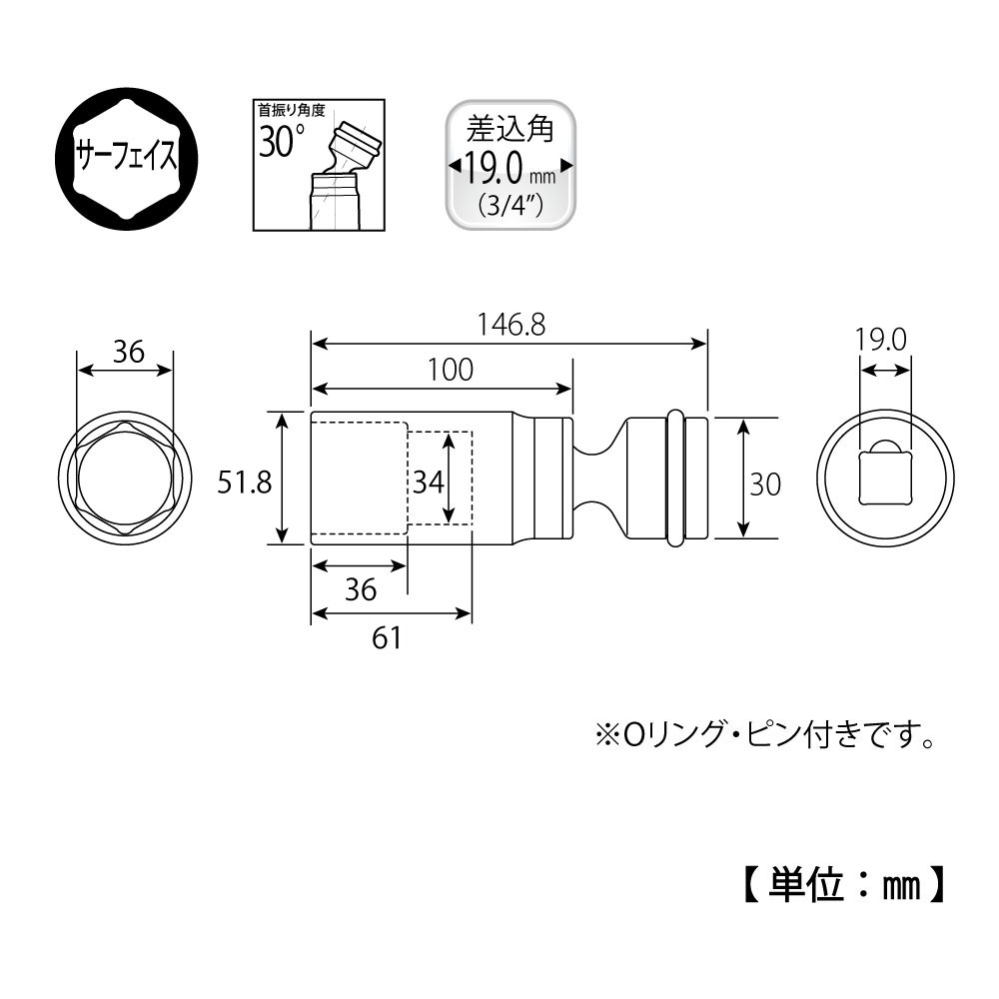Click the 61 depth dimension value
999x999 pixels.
386,636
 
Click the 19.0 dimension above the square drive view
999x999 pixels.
880,340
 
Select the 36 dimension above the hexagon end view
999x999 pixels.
127,352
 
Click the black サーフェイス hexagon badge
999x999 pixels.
127,157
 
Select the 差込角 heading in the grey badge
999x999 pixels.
509,130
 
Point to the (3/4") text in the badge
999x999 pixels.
509,207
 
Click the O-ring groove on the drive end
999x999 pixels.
676,479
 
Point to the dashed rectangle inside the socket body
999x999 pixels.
440,479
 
